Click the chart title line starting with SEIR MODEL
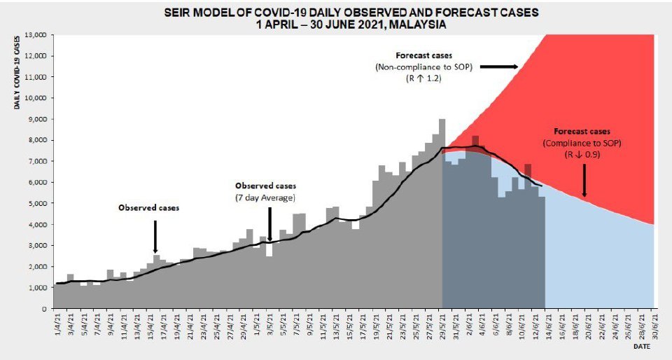pyautogui.click(x=352, y=13)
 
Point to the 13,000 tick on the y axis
pyautogui.click(x=35, y=35)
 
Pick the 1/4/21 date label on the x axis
pyautogui.click(x=57, y=325)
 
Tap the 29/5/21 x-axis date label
pyautogui.click(x=442, y=326)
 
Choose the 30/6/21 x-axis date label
pyautogui.click(x=654, y=326)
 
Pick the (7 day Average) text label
pyautogui.click(x=265, y=198)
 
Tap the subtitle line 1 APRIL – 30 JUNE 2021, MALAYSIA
pyautogui.click(x=352, y=24)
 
